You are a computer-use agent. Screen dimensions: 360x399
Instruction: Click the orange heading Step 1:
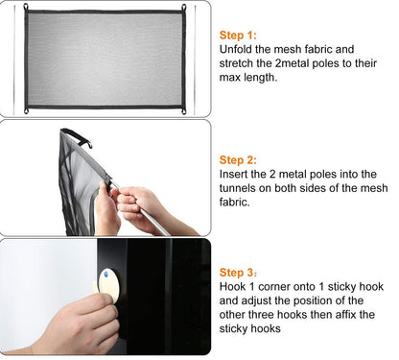(239, 34)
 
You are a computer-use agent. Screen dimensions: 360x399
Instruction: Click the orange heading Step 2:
(239, 159)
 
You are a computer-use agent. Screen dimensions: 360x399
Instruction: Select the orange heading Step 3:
(239, 273)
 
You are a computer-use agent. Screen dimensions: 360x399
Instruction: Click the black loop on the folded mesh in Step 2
(86, 144)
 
